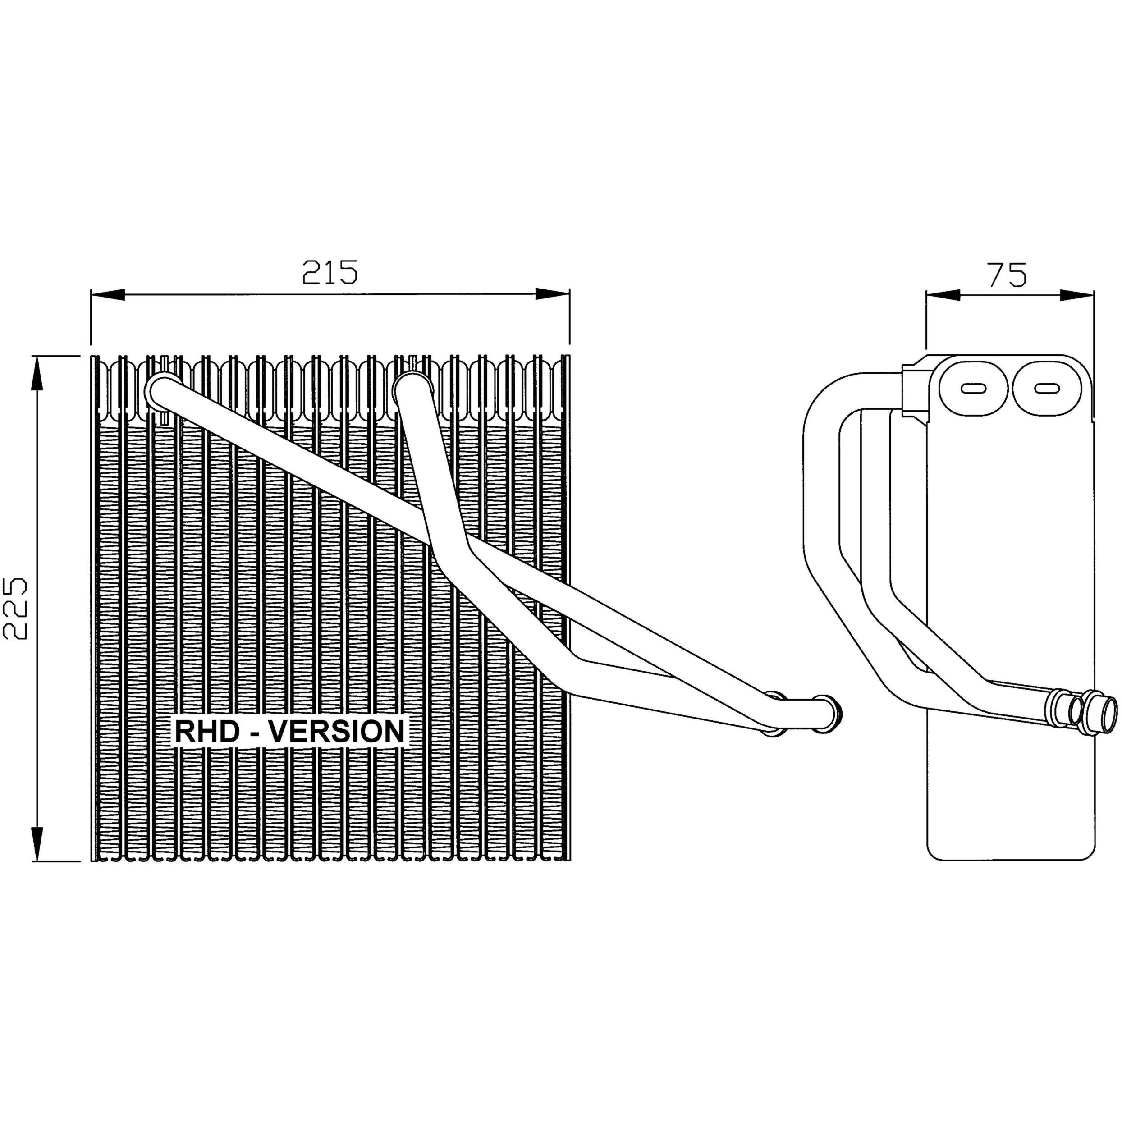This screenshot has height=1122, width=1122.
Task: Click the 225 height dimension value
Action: pos(15,608)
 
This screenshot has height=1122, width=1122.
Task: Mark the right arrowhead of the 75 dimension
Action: pos(1077,295)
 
